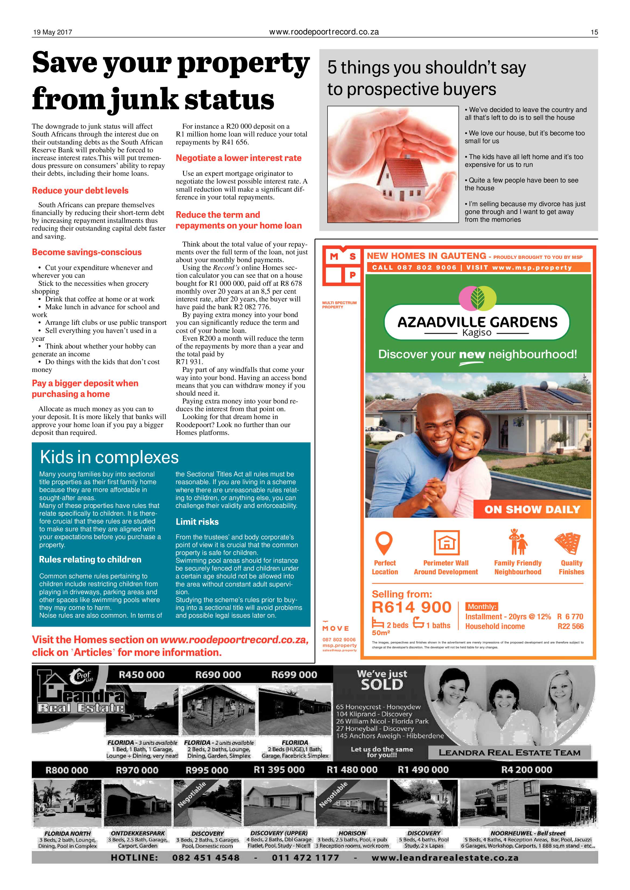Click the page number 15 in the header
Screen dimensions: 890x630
pos(594,32)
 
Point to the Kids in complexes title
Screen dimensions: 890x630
pos(109,458)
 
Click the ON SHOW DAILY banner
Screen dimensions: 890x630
pos(532,509)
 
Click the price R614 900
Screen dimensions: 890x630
pos(411,607)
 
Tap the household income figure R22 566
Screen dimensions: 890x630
pos(570,626)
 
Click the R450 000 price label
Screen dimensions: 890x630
pos(142,674)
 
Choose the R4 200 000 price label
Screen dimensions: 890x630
pos(526,769)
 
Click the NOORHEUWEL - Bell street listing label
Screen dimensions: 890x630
pos(528,833)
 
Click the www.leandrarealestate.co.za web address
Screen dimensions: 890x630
pos(445,857)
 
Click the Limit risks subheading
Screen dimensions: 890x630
pos(197,522)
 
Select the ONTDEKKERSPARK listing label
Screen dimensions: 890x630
pos(138,833)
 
